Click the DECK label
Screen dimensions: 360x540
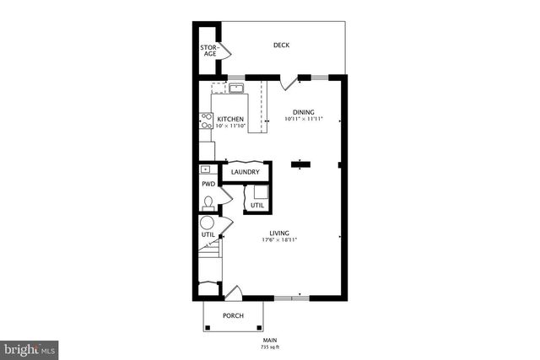[x=281, y=45]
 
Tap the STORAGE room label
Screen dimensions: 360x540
[x=208, y=51]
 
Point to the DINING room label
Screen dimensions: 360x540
[x=304, y=112]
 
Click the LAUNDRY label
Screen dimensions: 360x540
[x=245, y=173]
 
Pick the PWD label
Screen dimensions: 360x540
[x=208, y=184]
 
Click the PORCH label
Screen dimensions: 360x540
[x=233, y=316]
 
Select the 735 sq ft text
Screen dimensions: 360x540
[x=269, y=347]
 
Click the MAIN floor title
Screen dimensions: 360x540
[x=269, y=341]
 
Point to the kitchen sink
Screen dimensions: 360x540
[x=235, y=88]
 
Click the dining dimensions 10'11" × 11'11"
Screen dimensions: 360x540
[x=304, y=120]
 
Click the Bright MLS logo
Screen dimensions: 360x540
[x=30, y=347]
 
